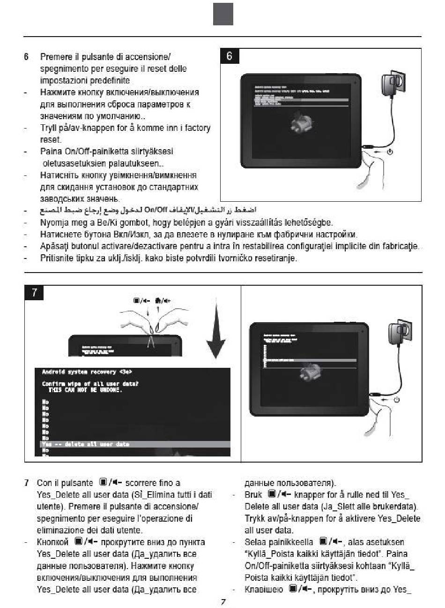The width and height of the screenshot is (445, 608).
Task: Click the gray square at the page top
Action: point(223,14)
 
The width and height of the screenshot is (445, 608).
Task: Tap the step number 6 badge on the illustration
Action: point(229,56)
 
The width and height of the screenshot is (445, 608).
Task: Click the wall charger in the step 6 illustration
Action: point(391,85)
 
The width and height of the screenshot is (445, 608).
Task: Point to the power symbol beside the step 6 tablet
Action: point(390,152)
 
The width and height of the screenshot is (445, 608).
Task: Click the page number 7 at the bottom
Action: point(223,601)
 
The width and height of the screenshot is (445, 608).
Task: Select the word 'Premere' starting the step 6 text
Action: point(55,57)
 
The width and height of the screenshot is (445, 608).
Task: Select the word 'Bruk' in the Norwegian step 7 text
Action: point(253,495)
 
